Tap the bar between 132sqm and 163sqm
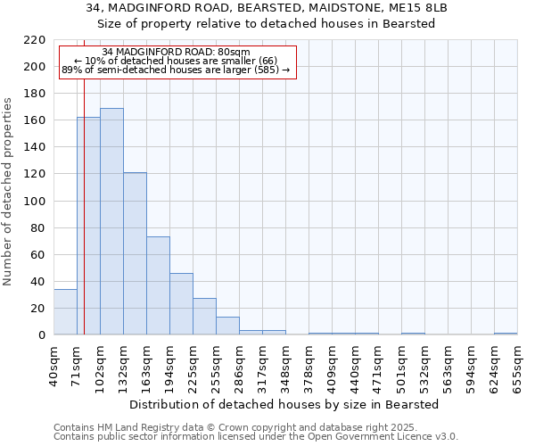135,253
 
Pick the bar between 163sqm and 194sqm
158,285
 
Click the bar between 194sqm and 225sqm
181,304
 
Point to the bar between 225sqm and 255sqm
204,317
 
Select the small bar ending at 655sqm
506,334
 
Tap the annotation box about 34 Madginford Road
176,62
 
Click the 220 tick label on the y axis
36,40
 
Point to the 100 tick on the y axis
36,202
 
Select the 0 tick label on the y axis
42,335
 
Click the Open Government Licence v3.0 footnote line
256,437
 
